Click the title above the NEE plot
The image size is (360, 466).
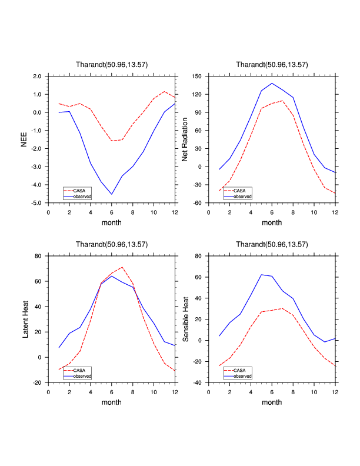click(111, 64)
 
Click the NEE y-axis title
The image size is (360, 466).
click(24, 139)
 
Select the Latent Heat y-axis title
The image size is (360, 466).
click(24, 319)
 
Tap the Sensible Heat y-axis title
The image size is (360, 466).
click(186, 319)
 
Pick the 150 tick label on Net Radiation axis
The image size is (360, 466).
click(197, 76)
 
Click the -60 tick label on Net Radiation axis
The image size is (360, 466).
click(197, 203)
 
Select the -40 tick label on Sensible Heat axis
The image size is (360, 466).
click(197, 383)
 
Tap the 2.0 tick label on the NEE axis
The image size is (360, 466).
click(36, 76)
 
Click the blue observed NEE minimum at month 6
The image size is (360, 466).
click(112, 194)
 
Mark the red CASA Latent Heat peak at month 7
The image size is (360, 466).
click(122, 267)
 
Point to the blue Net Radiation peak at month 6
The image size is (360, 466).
click(272, 84)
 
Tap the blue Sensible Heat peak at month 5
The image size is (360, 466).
click(261, 275)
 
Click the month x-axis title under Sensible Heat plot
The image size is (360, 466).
click(272, 402)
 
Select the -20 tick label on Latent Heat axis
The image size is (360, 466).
click(36, 383)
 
